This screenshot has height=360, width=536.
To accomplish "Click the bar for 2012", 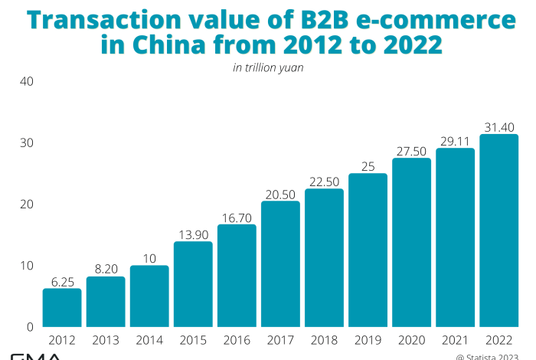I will point(62,307).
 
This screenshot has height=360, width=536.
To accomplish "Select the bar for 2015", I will point(193,284).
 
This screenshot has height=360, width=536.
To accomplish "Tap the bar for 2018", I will point(324,257).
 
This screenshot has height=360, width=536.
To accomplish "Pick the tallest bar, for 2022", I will point(498,231).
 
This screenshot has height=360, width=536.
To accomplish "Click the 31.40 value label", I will point(498,126).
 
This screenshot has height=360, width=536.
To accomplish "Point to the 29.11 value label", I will point(455,140).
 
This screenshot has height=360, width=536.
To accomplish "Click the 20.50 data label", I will point(280,193).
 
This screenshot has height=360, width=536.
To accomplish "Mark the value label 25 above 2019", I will point(368,165).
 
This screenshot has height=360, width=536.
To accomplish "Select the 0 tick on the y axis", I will point(28,326).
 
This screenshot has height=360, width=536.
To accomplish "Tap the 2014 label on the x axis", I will point(149,340).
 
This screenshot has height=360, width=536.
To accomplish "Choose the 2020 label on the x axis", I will point(411,340).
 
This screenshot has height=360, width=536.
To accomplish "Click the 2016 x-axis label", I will point(237,340).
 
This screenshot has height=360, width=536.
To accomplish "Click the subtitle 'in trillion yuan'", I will point(268,67).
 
